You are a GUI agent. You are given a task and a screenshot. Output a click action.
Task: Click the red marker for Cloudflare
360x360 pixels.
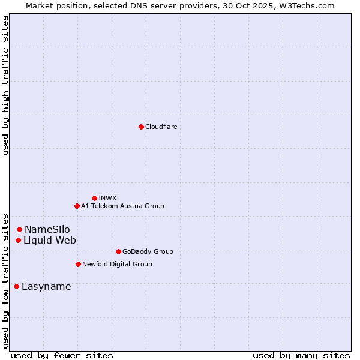point(141,127)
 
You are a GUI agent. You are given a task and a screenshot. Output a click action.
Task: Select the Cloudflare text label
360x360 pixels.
point(161,127)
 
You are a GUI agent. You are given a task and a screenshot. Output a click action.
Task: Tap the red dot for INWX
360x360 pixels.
point(94,198)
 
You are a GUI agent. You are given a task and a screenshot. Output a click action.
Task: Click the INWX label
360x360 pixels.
point(107,198)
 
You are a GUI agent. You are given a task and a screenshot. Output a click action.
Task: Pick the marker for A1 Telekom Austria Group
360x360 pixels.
point(77,206)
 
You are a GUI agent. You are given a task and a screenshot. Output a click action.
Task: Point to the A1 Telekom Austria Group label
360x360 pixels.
point(122,206)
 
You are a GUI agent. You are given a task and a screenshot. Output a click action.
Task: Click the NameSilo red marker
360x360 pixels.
point(19,229)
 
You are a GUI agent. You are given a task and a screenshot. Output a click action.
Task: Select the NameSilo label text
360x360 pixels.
point(47,229)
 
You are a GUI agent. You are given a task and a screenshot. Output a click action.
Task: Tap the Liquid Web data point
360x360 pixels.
point(18,240)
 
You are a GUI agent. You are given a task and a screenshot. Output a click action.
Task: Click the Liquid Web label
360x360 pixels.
point(50,240)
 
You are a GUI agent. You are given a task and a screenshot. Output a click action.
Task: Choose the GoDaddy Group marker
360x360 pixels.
point(118,251)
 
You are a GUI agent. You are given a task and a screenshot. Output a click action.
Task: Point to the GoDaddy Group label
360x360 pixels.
point(148,251)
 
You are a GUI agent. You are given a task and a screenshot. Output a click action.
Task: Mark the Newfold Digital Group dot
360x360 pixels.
point(78,264)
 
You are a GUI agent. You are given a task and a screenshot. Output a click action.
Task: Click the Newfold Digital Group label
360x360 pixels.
point(117,264)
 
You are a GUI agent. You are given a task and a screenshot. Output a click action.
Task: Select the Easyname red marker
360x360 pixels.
point(16,286)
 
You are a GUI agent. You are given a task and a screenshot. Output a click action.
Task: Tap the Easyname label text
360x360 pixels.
point(46,286)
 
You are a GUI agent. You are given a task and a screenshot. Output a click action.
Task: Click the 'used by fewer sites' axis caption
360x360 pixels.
point(62,355)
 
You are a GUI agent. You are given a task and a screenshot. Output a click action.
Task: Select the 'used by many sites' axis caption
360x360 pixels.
point(301,355)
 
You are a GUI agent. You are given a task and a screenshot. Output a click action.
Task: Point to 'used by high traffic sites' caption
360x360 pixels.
point(5,85)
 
